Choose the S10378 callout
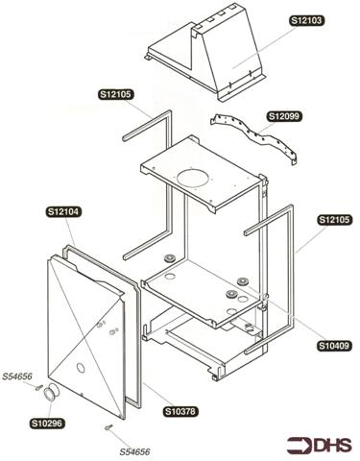tap(180, 411)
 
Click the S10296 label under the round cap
tap(46, 423)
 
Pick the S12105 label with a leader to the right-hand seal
tap(333, 219)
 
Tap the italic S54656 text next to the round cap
tap(18, 378)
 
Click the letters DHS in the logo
tap(335, 443)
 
